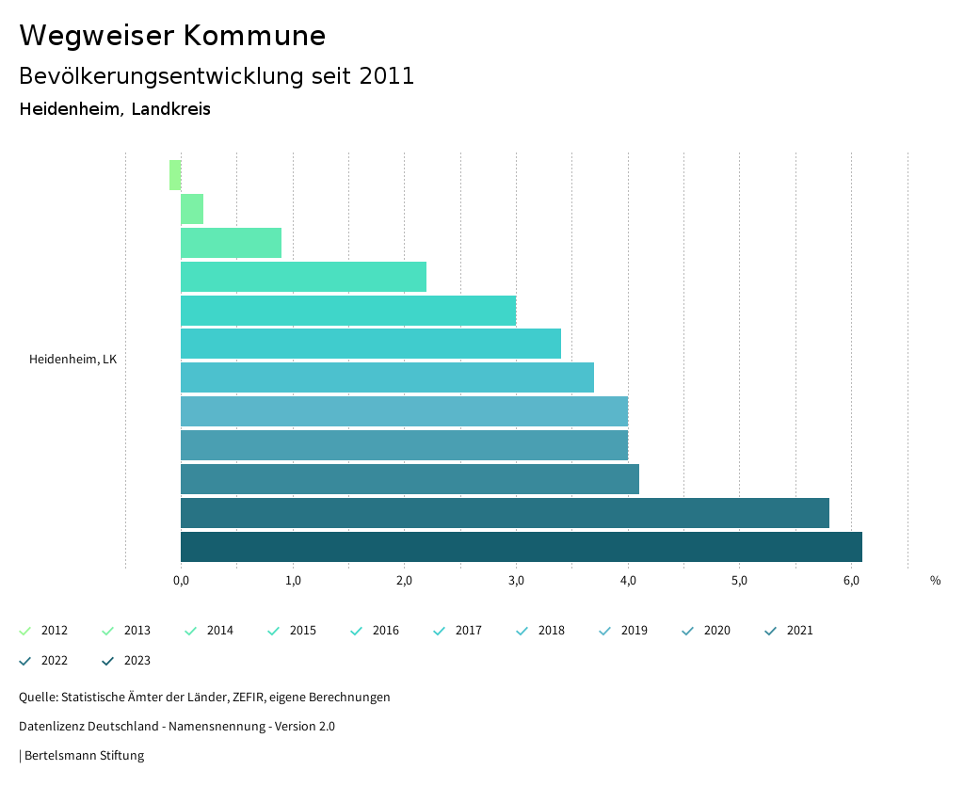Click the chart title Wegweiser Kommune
pos(172,36)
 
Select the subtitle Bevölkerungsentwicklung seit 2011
pos(217,76)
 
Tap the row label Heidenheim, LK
pos(72,360)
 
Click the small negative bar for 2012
pos(175,175)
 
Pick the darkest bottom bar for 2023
pos(521,547)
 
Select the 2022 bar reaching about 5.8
pos(505,513)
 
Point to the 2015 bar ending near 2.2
pos(303,277)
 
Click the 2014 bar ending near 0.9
pos(231,243)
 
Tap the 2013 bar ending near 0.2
pos(192,209)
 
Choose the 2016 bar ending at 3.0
pos(348,311)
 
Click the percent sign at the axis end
pos(935,581)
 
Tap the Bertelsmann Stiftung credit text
pos(84,756)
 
